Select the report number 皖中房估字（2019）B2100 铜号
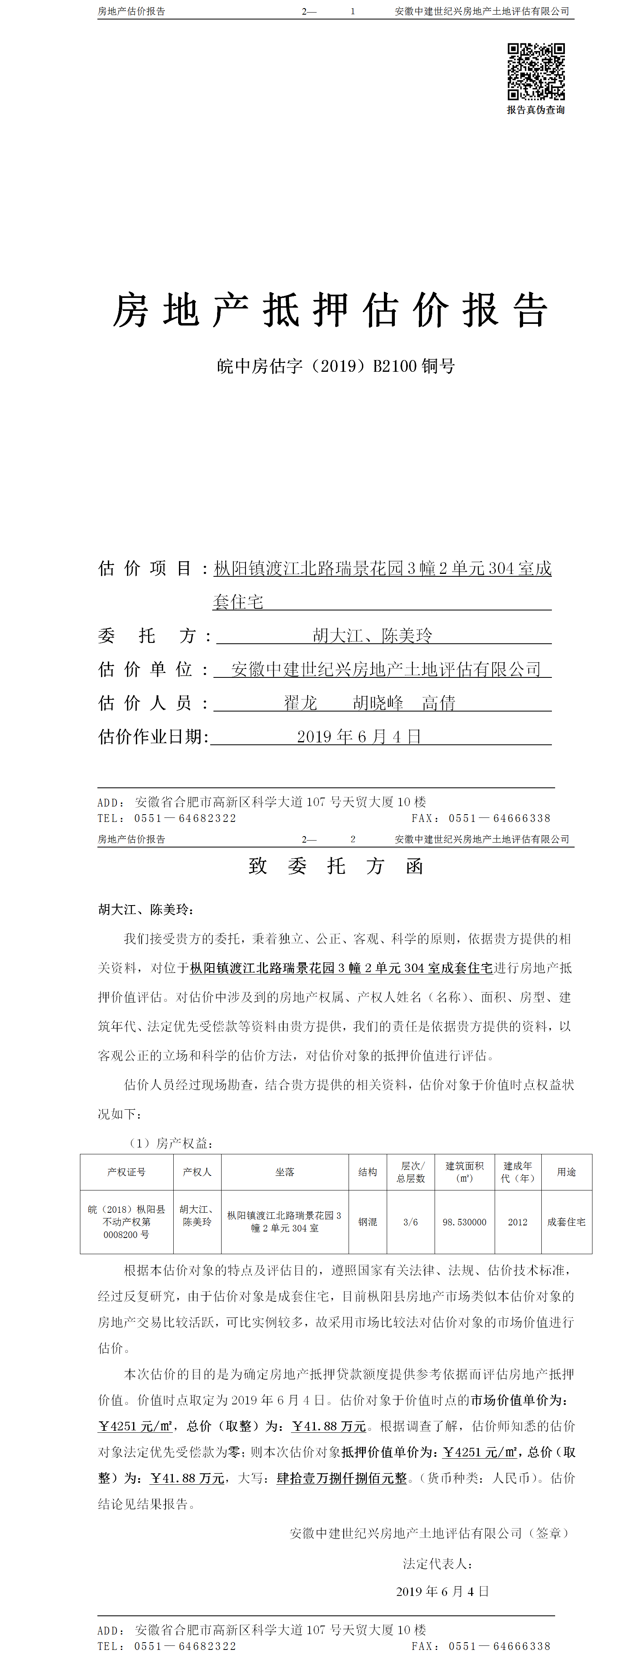[x=336, y=367]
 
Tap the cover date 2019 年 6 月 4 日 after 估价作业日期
[x=359, y=737]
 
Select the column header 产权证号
[x=127, y=1172]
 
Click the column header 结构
[x=368, y=1172]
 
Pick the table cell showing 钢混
[x=368, y=1221]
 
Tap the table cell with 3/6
[x=411, y=1221]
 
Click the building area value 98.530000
[x=464, y=1221]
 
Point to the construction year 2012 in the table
[x=517, y=1221]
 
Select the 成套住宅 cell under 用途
[x=566, y=1221]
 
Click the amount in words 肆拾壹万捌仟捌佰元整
[x=342, y=1478]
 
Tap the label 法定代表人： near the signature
[x=438, y=1563]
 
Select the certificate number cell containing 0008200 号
[x=127, y=1234]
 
